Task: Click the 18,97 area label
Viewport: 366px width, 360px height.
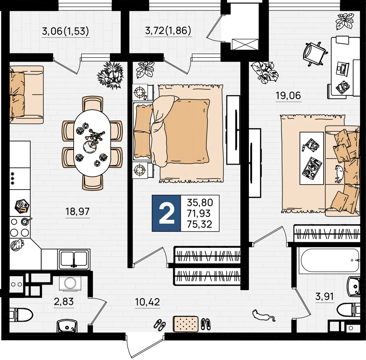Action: pyautogui.click(x=78, y=211)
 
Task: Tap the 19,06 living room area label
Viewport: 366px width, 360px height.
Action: pyautogui.click(x=288, y=95)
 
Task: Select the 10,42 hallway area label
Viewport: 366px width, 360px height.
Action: pyautogui.click(x=147, y=302)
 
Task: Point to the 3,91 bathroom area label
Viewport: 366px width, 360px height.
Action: pyautogui.click(x=324, y=297)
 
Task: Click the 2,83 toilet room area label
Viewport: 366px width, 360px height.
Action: pyautogui.click(x=64, y=301)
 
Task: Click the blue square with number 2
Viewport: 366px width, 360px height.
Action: pyautogui.click(x=166, y=213)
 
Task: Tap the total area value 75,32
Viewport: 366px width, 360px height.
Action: pyautogui.click(x=199, y=224)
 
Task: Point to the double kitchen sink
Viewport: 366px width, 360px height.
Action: pyautogui.click(x=74, y=259)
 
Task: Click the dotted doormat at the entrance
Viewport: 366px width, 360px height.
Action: pyautogui.click(x=186, y=324)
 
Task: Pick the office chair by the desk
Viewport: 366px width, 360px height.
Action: pyautogui.click(x=314, y=54)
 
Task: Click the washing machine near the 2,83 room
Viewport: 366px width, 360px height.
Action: pyautogui.click(x=70, y=283)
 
